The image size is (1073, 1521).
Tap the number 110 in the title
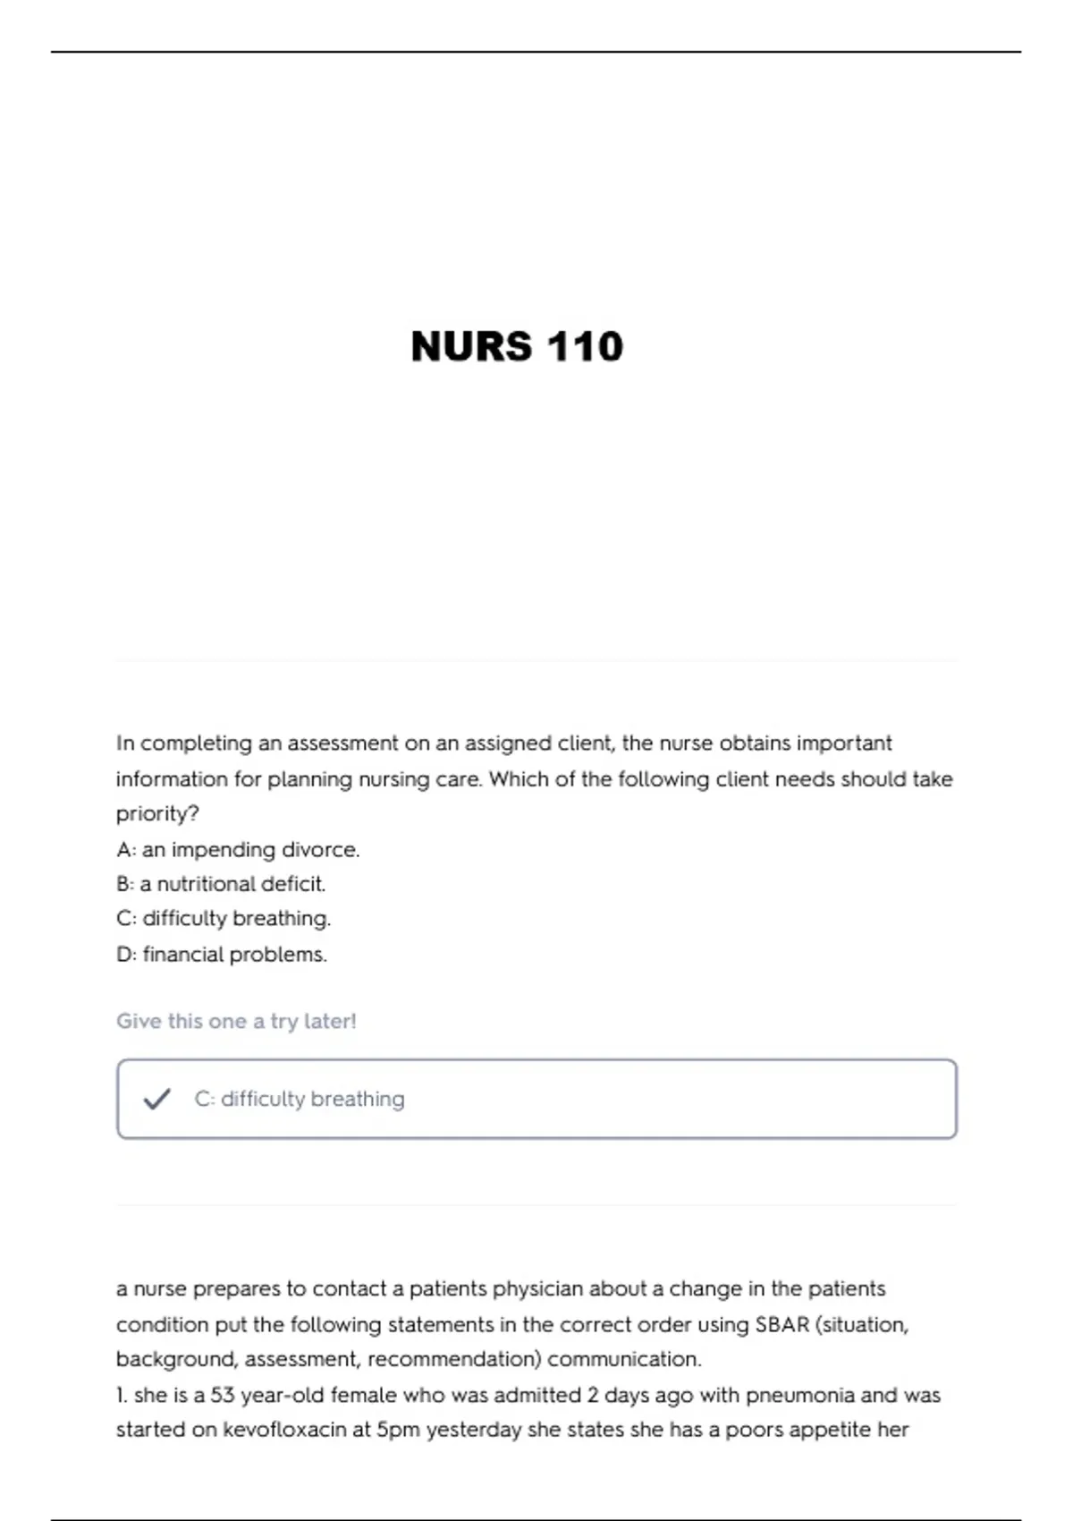click(585, 347)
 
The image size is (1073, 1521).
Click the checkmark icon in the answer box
click(156, 1099)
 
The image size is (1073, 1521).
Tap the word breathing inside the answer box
click(357, 1099)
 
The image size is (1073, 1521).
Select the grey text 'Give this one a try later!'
click(236, 1021)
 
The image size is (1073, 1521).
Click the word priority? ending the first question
click(157, 814)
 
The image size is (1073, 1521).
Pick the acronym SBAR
click(782, 1324)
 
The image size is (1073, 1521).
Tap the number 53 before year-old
click(223, 1395)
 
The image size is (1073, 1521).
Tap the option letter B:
click(125, 884)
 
